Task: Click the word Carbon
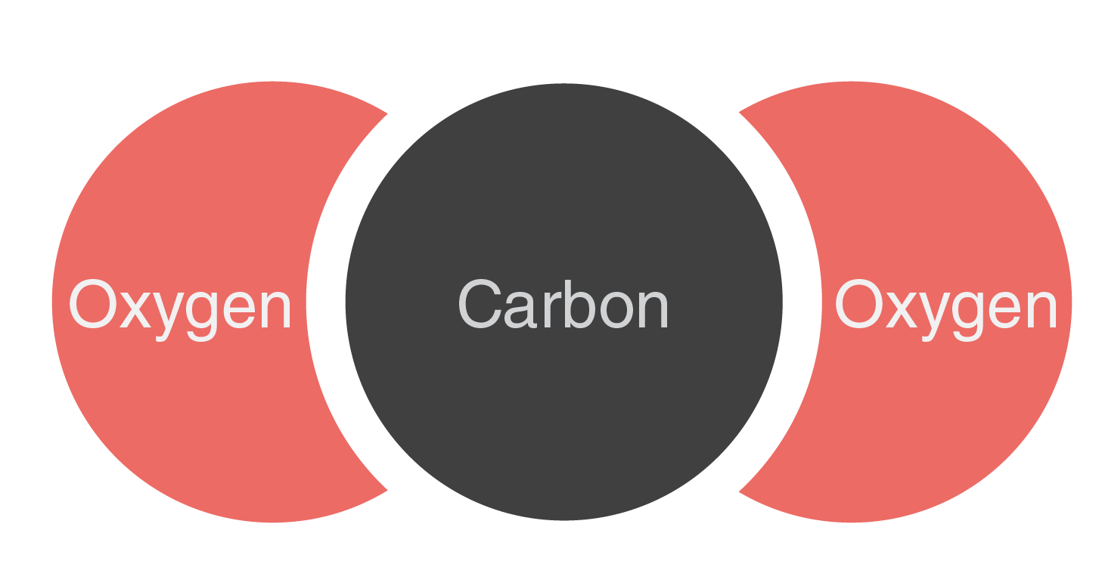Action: [563, 304]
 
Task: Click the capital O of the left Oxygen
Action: [93, 304]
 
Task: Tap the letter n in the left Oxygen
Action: [276, 310]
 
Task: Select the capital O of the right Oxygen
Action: [858, 304]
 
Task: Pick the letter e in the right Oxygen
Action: [1004, 310]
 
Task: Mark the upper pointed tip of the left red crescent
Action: [386, 114]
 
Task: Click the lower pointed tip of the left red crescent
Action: [386, 490]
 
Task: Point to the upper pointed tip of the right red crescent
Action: [740, 113]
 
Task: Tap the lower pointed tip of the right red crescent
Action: [740, 491]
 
